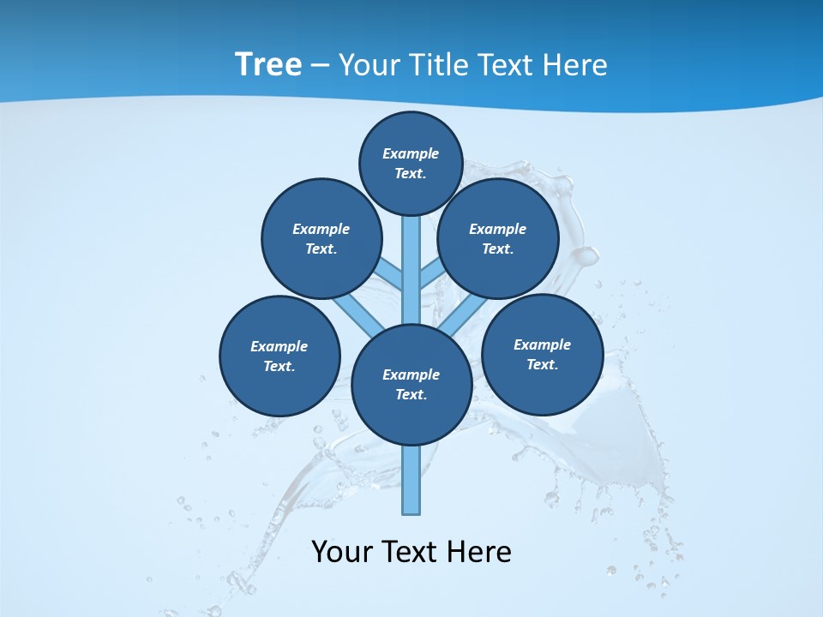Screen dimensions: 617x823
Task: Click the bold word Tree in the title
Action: pos(268,64)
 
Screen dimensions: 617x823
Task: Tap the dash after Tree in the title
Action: pos(320,65)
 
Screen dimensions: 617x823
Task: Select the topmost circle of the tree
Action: pos(411,163)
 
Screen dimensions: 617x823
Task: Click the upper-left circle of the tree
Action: pos(321,238)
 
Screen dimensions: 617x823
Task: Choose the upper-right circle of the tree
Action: pos(498,238)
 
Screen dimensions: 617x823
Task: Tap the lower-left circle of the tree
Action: pos(279,356)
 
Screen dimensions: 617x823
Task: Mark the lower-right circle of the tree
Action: pos(543,354)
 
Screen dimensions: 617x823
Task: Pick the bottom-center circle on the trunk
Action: pos(411,384)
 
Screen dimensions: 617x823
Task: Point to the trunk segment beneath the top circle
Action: pos(411,257)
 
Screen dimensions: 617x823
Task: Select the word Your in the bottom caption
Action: pos(341,552)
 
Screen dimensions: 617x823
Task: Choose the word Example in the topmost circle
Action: pos(411,153)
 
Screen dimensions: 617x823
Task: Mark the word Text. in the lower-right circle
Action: pos(543,364)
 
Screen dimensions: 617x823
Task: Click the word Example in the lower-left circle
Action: pos(279,346)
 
